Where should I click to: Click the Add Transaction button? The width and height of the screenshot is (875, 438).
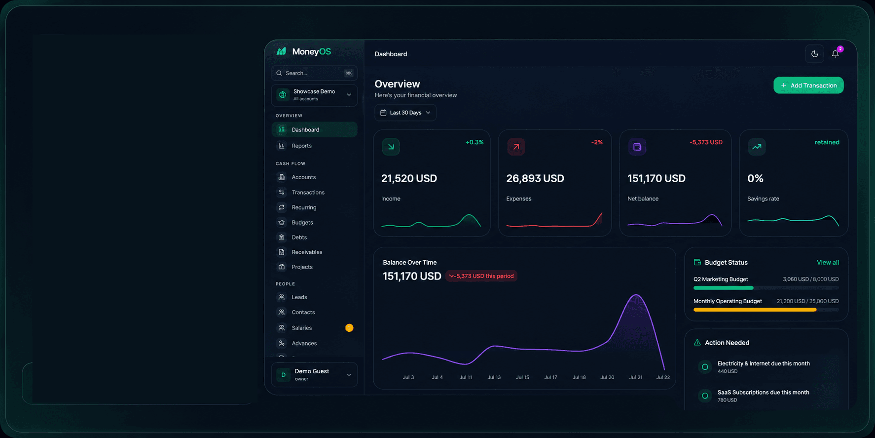(x=808, y=85)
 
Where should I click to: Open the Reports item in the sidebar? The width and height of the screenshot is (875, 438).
(x=301, y=146)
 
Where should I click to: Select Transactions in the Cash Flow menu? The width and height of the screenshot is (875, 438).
(x=308, y=192)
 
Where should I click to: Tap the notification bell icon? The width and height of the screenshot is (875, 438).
(x=835, y=54)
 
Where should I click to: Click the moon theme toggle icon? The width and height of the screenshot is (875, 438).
(x=815, y=54)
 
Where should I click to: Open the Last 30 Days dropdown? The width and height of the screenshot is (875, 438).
(x=405, y=113)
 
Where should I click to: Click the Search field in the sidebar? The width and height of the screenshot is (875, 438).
(x=314, y=73)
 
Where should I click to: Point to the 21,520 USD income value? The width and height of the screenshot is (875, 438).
(x=409, y=178)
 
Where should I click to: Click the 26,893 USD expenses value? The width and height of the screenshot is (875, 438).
(x=535, y=178)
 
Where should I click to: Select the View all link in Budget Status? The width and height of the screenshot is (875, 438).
(x=828, y=262)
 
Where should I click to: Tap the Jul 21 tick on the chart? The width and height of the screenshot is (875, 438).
(x=636, y=377)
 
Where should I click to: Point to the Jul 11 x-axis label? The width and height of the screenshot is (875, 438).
(x=466, y=377)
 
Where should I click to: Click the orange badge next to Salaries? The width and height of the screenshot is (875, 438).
(x=349, y=328)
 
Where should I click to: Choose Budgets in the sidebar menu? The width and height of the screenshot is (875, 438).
(x=302, y=222)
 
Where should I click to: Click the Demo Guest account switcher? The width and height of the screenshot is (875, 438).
(x=314, y=375)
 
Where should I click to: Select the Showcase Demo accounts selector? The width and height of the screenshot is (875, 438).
(x=314, y=95)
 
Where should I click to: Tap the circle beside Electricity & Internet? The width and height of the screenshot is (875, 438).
(x=705, y=367)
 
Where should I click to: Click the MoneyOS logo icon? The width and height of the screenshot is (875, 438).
(x=282, y=51)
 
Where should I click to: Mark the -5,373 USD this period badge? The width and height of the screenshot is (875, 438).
(x=481, y=276)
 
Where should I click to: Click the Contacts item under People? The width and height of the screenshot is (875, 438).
(x=303, y=312)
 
